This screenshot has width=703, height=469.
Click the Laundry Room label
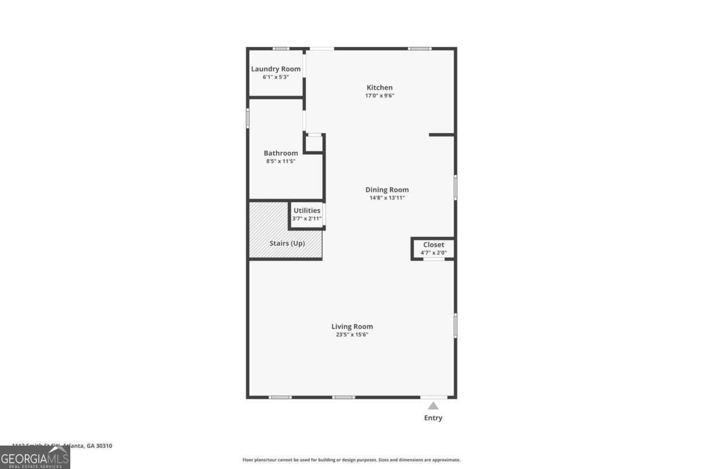click(276, 69)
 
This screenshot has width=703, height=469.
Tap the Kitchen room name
click(380, 88)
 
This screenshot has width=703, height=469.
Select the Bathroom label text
click(281, 153)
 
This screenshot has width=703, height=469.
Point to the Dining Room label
click(387, 189)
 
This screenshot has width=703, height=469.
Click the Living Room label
click(352, 327)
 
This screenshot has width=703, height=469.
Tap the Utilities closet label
click(307, 210)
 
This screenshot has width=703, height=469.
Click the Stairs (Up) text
click(287, 243)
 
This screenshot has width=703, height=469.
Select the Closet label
click(434, 244)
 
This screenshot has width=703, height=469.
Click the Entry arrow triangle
click(433, 406)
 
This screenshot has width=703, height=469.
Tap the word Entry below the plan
click(433, 418)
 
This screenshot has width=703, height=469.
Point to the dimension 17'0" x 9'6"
click(380, 96)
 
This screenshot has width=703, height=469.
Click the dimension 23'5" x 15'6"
click(352, 335)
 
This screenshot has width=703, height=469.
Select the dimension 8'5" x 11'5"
click(281, 161)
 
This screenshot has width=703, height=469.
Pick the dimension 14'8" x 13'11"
click(387, 198)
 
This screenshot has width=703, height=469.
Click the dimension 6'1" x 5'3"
click(276, 77)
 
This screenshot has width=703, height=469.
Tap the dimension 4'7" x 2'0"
click(434, 253)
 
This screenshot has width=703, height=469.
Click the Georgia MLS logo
click(35, 457)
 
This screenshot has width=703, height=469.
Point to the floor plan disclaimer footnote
click(351, 460)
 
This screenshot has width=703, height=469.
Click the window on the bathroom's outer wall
click(248, 118)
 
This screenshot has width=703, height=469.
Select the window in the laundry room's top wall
click(281, 48)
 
